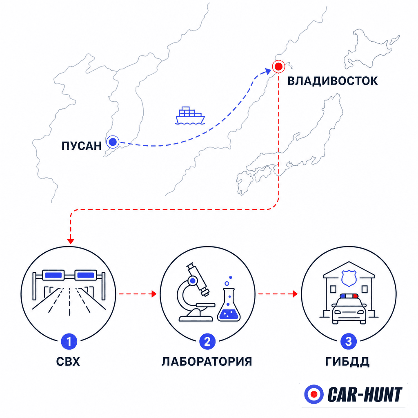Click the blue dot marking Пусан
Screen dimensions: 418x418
(113, 142)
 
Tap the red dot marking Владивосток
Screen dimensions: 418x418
(278, 67)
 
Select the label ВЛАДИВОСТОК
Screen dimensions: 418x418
(332, 81)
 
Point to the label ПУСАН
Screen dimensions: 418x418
(82, 146)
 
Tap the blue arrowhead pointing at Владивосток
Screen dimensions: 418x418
(267, 71)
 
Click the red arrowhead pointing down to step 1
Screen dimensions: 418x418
(71, 241)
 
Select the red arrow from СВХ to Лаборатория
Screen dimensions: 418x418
(138, 294)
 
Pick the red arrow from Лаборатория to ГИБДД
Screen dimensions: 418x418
(278, 294)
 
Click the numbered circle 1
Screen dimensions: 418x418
(69, 342)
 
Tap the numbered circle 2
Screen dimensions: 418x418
(207, 342)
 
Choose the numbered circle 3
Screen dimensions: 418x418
(349, 342)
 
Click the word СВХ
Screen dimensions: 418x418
(68, 362)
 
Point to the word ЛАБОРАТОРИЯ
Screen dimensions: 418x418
(207, 362)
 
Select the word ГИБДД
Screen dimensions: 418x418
(347, 362)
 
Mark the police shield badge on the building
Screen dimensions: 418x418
(349, 278)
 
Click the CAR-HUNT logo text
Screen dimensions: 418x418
(365, 395)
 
